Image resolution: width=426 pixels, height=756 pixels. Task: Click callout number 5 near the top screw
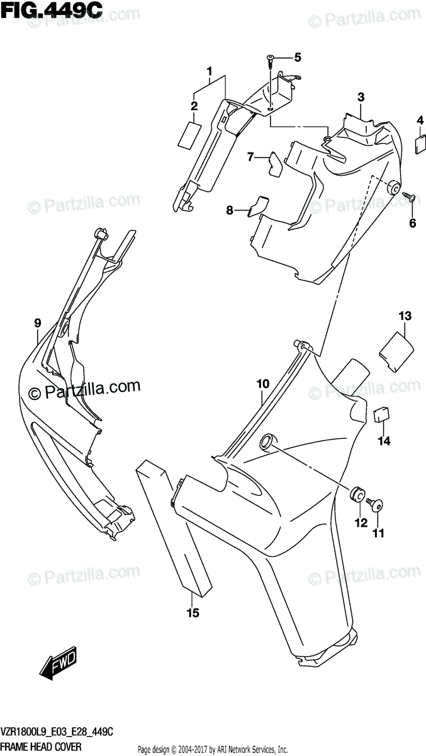298,57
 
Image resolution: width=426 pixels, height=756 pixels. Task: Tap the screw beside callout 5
271,60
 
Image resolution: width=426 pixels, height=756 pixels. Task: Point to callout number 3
361,97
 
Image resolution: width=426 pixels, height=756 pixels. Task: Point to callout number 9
38,323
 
